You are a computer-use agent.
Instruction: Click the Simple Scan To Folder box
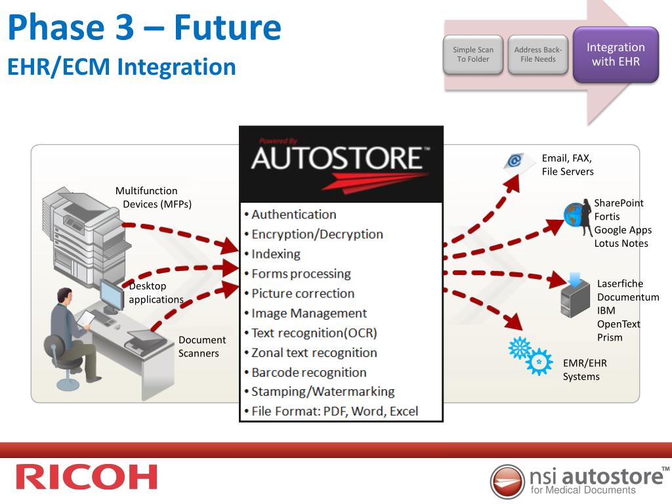tap(473, 54)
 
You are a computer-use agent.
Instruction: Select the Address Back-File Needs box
tap(537, 54)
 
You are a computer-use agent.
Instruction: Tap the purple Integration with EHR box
tap(616, 54)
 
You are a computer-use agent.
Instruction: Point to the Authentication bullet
tap(293, 215)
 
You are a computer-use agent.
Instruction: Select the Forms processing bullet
tap(301, 274)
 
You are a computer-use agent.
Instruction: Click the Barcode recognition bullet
tap(308, 372)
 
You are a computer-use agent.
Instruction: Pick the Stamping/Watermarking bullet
tap(322, 392)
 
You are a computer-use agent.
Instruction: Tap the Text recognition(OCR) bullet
tap(314, 333)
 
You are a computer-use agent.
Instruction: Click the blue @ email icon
tap(513, 161)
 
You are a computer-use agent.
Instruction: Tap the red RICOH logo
tap(87, 477)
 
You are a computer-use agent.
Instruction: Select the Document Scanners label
tap(202, 346)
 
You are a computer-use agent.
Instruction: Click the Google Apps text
tap(623, 230)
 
